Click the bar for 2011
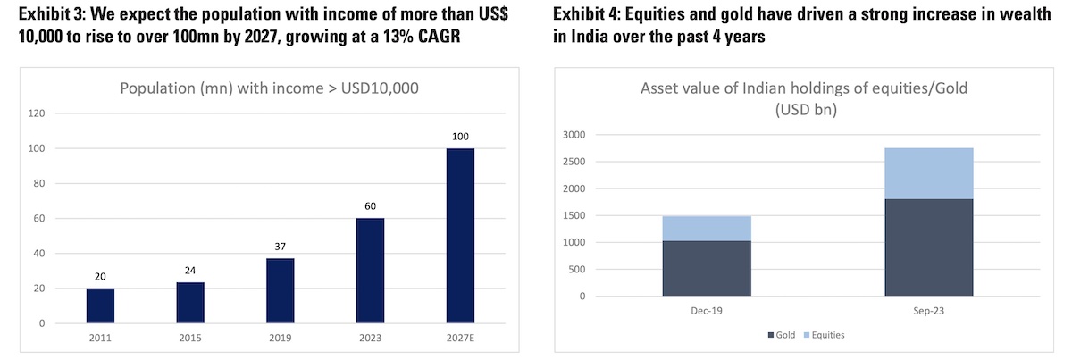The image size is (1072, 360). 100,306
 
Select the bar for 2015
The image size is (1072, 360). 190,303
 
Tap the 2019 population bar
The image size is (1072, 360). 280,291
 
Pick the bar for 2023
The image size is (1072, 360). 370,271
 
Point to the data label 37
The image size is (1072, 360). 280,247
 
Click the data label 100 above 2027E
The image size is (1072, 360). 460,137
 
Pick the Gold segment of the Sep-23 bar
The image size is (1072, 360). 929,247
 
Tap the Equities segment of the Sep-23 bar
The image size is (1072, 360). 929,173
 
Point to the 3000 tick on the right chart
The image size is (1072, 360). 572,135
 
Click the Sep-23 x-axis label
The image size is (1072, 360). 929,312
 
